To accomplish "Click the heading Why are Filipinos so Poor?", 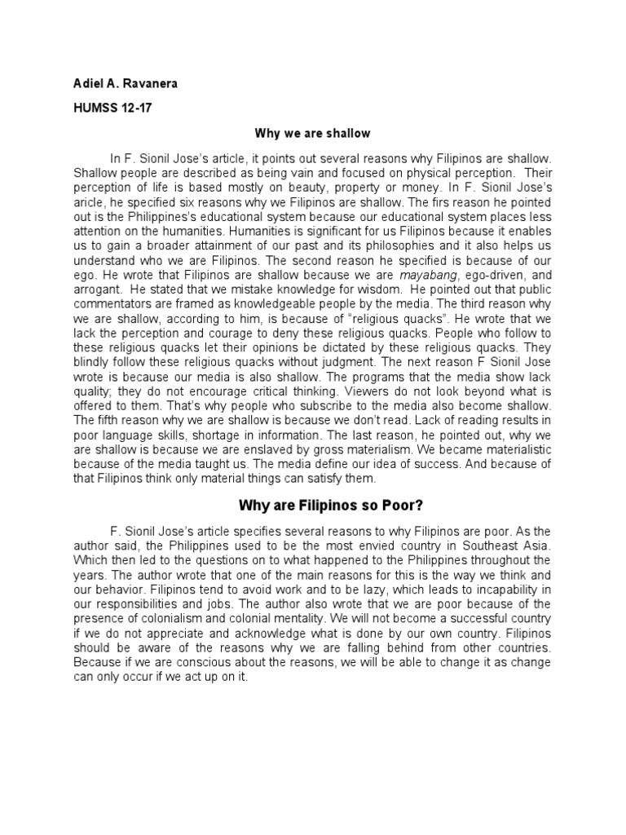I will pyautogui.click(x=312, y=505).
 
